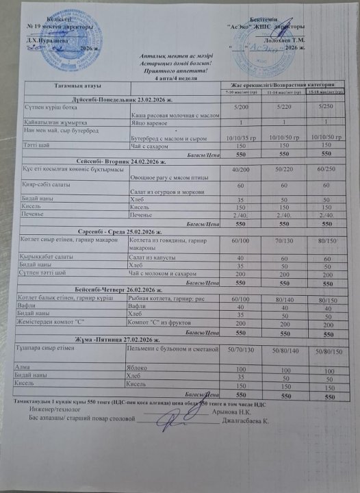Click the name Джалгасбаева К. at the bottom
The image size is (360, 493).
tap(247, 420)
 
